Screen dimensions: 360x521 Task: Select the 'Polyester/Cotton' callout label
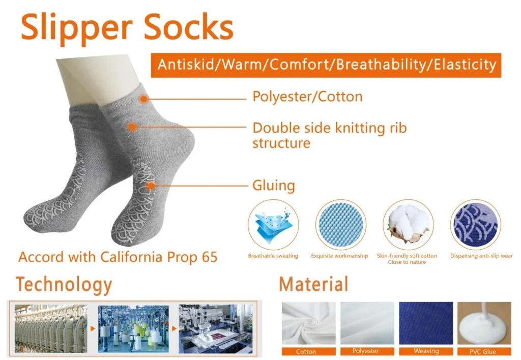tap(307, 97)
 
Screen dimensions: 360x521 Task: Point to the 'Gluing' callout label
tap(274, 186)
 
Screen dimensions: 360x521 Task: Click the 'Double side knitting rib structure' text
tap(329, 135)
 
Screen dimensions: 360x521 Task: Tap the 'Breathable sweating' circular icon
tap(273, 224)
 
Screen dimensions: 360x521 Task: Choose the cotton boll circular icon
tap(408, 224)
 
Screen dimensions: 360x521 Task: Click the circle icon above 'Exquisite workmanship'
tap(340, 224)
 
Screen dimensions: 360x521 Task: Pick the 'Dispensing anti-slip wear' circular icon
tap(475, 224)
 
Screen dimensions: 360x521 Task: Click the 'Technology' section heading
tap(64, 284)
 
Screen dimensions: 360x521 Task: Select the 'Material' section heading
tap(313, 284)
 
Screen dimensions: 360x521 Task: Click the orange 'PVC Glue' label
tap(484, 351)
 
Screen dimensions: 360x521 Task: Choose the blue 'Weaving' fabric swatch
tap(426, 323)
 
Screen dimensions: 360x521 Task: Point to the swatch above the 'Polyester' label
tap(367, 323)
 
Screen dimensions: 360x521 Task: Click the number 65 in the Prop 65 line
tap(208, 257)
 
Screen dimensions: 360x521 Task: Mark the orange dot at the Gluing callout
tap(151, 186)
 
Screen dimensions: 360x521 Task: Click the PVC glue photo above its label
tap(484, 323)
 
